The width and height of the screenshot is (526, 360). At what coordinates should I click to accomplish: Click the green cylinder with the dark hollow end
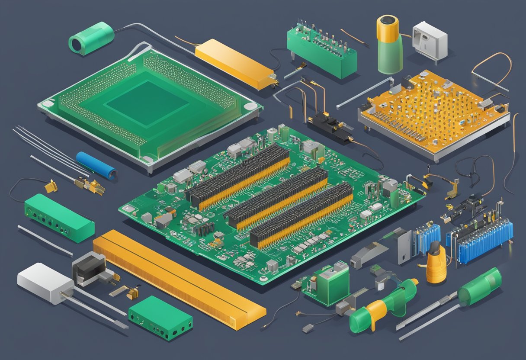click(91, 38)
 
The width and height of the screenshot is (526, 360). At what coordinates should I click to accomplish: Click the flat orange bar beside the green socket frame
click(234, 64)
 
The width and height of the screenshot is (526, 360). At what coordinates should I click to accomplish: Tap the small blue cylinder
click(96, 165)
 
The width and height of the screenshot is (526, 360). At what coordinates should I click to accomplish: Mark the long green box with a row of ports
click(59, 217)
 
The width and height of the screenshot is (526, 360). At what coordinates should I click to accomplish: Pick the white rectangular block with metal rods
click(45, 283)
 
